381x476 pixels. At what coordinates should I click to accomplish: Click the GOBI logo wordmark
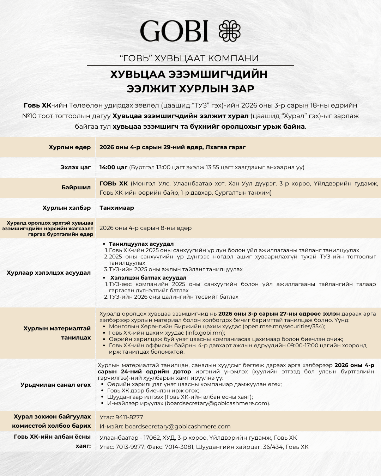(x=174, y=31)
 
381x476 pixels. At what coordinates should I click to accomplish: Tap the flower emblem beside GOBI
(x=230, y=31)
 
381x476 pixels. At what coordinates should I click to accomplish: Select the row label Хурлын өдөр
(x=70, y=147)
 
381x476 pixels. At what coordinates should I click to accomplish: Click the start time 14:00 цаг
(x=113, y=167)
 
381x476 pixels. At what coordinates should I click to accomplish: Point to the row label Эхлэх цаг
(x=75, y=167)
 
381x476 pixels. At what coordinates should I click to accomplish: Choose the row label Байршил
(x=76, y=188)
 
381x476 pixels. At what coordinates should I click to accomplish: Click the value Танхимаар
(x=117, y=208)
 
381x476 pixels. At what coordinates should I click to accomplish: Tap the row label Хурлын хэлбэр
(x=67, y=208)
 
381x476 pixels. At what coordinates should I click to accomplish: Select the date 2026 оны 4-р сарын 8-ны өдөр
(x=145, y=228)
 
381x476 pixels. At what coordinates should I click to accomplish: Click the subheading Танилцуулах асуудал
(x=141, y=244)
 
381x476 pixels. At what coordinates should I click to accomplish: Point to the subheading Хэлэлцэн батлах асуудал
(x=148, y=278)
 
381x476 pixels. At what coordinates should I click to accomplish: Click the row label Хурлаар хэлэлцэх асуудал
(x=49, y=273)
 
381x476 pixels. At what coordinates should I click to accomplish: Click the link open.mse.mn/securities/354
(x=283, y=327)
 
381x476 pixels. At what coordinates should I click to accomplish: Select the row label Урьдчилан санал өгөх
(x=55, y=385)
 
